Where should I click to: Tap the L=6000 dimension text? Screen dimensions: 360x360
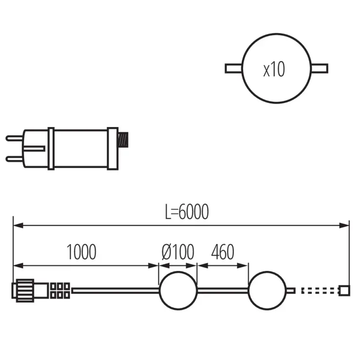click(x=187, y=212)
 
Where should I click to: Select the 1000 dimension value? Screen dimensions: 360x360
click(x=81, y=252)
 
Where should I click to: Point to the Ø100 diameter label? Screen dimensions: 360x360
click(x=178, y=252)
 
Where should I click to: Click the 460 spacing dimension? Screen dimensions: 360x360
click(x=222, y=252)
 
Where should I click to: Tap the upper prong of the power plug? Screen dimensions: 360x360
click(x=14, y=138)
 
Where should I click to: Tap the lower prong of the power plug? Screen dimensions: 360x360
click(x=14, y=159)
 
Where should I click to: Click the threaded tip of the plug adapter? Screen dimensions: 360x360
click(x=123, y=140)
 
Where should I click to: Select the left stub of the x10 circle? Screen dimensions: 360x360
click(x=233, y=68)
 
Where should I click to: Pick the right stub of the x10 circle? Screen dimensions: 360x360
click(x=320, y=68)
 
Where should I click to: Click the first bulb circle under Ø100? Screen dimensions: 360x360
click(x=178, y=290)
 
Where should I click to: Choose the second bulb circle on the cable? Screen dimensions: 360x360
click(x=267, y=290)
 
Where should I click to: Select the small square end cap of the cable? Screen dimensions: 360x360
click(x=345, y=291)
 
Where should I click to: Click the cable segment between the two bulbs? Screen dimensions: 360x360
click(x=222, y=291)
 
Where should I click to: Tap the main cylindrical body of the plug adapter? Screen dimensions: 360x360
click(x=80, y=148)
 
